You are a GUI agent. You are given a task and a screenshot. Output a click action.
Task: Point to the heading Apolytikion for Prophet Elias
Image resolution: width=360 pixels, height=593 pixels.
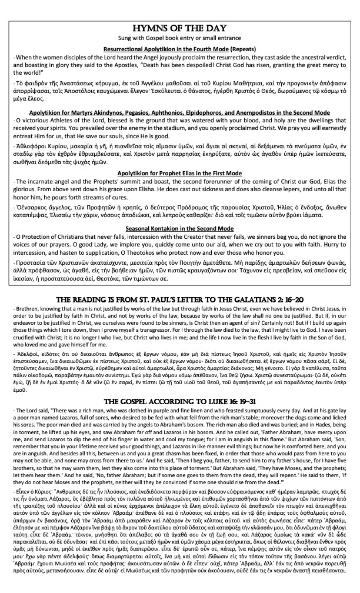(179, 175)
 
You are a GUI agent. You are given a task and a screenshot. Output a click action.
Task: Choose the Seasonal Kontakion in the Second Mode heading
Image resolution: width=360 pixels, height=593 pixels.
(179, 227)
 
